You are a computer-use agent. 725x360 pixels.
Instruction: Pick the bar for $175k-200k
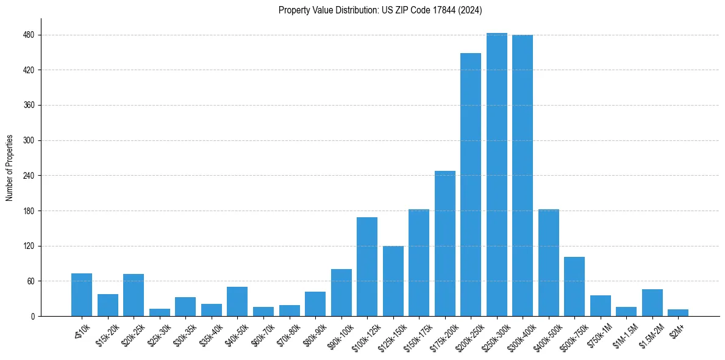coord(445,243)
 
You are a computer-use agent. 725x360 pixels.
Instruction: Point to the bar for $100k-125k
coord(367,267)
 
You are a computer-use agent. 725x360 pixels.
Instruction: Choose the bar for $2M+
coord(678,313)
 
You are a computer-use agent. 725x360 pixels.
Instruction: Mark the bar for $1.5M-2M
coord(652,303)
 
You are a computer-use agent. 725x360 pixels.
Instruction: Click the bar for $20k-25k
coord(134,295)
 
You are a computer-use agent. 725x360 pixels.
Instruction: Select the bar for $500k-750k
coord(574,287)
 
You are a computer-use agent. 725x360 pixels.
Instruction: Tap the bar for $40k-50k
coord(237,301)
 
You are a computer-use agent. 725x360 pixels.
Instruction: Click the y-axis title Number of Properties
coord(10,168)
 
